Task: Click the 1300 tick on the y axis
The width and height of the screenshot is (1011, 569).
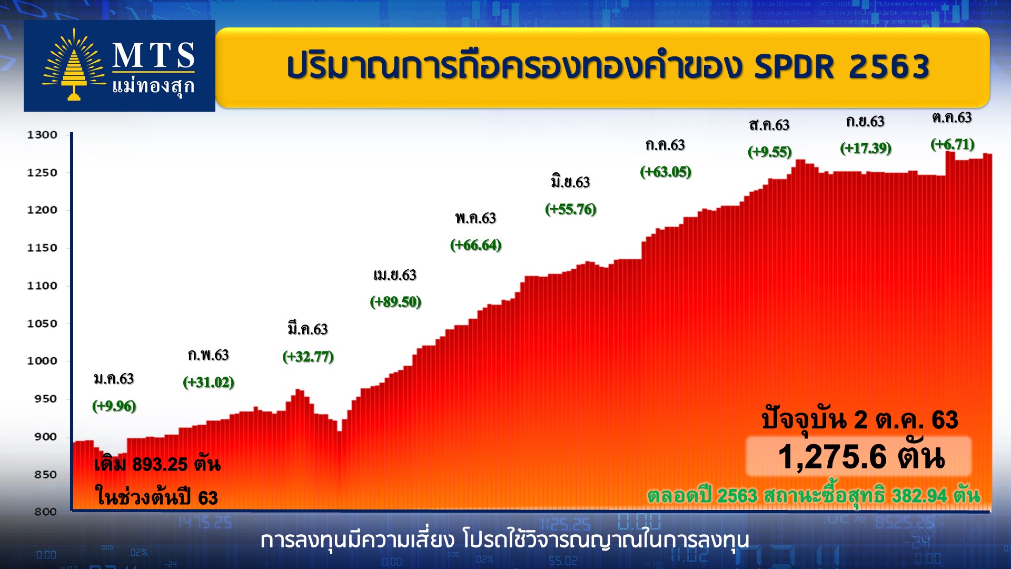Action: tap(42, 135)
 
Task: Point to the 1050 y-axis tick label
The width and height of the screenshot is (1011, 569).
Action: tap(42, 323)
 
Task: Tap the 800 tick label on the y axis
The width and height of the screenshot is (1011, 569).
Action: tap(45, 512)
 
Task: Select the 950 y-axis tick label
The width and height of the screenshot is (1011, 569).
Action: tap(45, 399)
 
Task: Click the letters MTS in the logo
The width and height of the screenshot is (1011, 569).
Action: tap(153, 55)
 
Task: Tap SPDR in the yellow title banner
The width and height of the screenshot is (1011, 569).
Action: tap(795, 67)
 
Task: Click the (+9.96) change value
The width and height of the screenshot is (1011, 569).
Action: tap(114, 406)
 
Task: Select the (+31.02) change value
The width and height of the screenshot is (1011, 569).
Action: tap(209, 382)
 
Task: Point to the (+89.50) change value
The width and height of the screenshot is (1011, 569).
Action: tap(395, 302)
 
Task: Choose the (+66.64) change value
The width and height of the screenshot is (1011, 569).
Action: tap(475, 245)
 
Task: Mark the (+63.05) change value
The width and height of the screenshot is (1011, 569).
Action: tap(666, 172)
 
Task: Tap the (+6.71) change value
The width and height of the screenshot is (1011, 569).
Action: tap(953, 144)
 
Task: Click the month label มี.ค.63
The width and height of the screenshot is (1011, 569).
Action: tap(308, 329)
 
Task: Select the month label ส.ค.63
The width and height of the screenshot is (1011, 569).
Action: tap(769, 125)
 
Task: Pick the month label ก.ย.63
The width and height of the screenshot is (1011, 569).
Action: tap(865, 122)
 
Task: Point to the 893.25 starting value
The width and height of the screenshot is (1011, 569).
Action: tap(160, 464)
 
